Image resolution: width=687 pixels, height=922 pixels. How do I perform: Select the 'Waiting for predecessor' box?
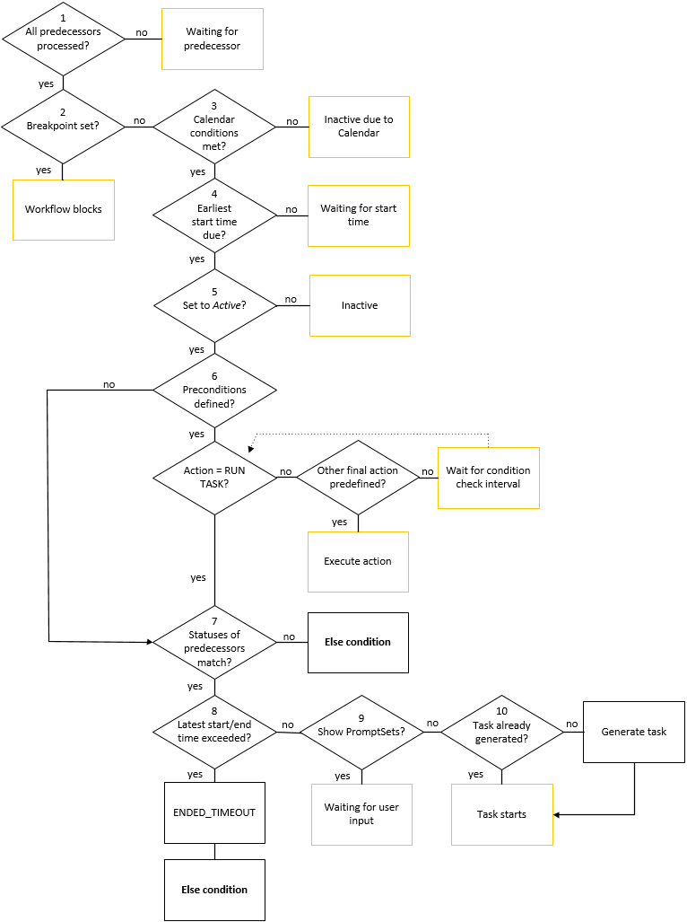(x=213, y=39)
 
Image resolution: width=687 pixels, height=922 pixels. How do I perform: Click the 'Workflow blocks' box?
(x=64, y=209)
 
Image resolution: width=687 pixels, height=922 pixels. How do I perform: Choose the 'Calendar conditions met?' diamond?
(x=214, y=127)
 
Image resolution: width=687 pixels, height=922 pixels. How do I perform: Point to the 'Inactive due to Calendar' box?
(x=359, y=127)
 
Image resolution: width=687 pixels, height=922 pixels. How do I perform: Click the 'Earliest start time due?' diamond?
(x=214, y=215)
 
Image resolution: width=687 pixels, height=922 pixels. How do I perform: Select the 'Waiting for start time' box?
(x=359, y=215)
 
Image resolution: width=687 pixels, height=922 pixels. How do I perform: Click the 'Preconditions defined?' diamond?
(x=214, y=390)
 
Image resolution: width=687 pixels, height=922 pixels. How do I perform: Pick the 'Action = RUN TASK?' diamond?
(x=214, y=478)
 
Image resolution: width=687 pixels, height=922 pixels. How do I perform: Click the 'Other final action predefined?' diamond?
(x=358, y=478)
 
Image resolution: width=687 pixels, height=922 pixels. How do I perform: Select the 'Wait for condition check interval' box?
(x=488, y=478)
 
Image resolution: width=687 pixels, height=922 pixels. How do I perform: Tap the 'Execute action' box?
(x=358, y=561)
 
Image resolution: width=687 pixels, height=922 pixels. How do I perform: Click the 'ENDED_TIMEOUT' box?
(x=214, y=812)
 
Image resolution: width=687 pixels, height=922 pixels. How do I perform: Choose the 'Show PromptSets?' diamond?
(x=361, y=732)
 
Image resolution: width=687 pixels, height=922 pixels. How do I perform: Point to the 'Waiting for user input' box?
(x=361, y=814)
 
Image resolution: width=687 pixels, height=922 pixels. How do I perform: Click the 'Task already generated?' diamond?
(x=501, y=732)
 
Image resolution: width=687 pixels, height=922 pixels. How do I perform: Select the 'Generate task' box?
(x=633, y=732)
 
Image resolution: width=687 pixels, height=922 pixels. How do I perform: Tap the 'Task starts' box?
(x=501, y=814)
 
